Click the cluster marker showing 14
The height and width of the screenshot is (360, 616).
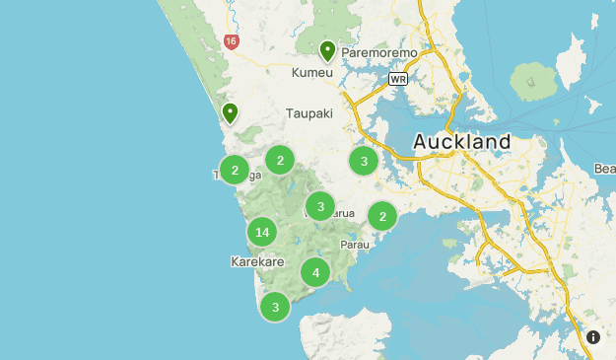(x=261, y=233)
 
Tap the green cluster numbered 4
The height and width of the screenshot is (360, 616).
(x=315, y=272)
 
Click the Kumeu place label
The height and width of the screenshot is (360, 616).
(x=312, y=74)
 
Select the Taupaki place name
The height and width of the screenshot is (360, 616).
(x=309, y=113)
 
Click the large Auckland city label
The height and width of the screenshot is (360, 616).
(x=461, y=142)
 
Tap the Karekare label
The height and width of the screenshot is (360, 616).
(x=256, y=262)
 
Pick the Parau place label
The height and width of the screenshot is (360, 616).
(x=354, y=244)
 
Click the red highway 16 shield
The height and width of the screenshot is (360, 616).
(x=231, y=41)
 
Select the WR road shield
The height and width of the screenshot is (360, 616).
(x=398, y=78)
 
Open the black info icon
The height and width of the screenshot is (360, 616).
(x=593, y=337)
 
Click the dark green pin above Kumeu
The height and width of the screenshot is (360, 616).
(x=327, y=49)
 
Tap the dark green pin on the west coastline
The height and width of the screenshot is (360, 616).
(x=230, y=112)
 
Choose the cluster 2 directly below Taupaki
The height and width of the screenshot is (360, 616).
(x=280, y=160)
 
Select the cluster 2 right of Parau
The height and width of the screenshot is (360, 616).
(x=382, y=215)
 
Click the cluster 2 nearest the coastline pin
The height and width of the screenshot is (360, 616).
(x=235, y=171)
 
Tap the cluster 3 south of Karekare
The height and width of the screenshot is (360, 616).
(x=275, y=307)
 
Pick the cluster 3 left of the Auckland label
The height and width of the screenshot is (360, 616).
(x=364, y=161)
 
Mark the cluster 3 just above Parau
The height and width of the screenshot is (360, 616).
(x=320, y=206)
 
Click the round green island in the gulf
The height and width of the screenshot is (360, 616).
(x=536, y=80)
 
